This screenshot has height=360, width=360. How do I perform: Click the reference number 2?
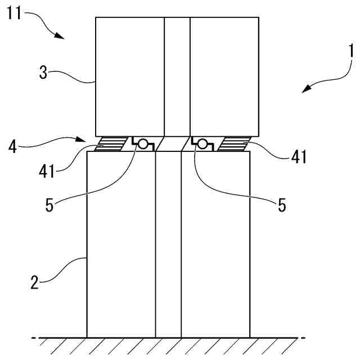[x=34, y=281]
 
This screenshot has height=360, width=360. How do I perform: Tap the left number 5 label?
[x=49, y=205]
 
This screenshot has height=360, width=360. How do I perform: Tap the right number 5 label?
[x=282, y=205]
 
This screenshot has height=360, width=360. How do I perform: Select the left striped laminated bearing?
[x=113, y=145]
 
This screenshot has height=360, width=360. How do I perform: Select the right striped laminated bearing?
[x=232, y=145]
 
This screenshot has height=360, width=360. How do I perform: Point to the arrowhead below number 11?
[x=60, y=35]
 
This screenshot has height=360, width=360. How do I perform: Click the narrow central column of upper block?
[x=177, y=76]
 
